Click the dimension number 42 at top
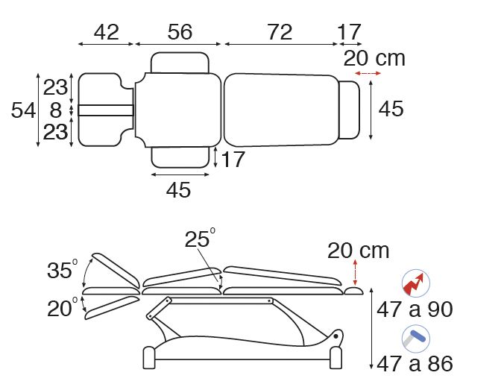[x=107, y=32]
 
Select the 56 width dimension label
[x=180, y=32]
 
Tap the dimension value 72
[x=280, y=32]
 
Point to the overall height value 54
[x=23, y=110]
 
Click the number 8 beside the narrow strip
[x=56, y=110]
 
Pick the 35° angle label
[x=63, y=268]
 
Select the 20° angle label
[x=63, y=307]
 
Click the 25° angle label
[x=200, y=238]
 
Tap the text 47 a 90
[x=415, y=309]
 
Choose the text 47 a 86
[x=415, y=364]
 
